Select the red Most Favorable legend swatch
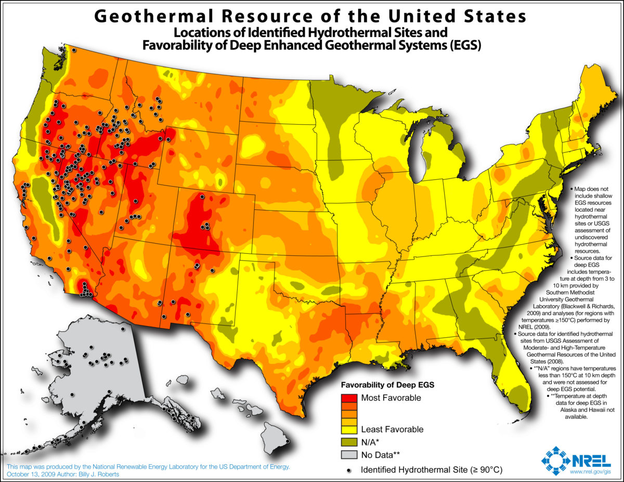(350, 398)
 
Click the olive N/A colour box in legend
(350, 441)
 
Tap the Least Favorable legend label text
(392, 429)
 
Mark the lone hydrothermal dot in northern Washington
(74, 50)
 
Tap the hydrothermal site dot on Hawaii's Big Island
(287, 442)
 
